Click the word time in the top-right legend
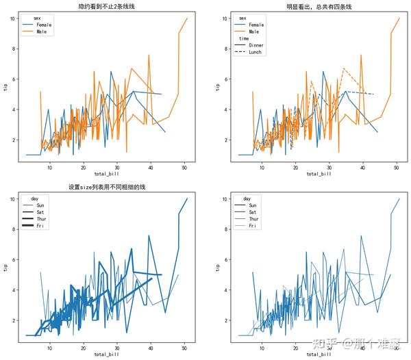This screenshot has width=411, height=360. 244,38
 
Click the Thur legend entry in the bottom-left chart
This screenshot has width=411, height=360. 41,219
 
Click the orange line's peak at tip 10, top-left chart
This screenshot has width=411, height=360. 187,18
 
